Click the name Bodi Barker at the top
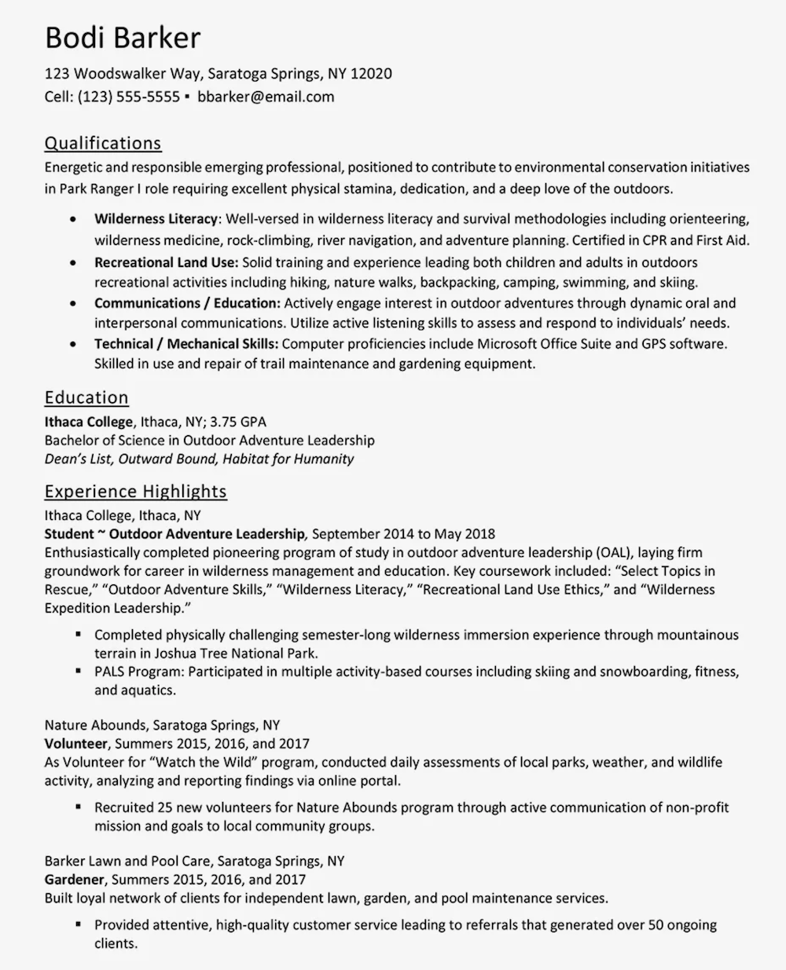[x=123, y=38]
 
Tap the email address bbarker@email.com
[x=266, y=97]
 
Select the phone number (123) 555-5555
[x=129, y=97]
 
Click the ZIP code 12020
[x=370, y=74]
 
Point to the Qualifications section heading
[x=103, y=143]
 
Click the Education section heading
[x=86, y=397]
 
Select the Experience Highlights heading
[x=135, y=492]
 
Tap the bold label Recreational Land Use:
[x=166, y=262]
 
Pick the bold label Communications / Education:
[x=187, y=302]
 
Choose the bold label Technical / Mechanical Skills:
[x=186, y=343]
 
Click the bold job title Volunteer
[x=75, y=743]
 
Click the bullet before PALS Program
[x=79, y=671]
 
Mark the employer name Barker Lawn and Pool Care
[x=127, y=861]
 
